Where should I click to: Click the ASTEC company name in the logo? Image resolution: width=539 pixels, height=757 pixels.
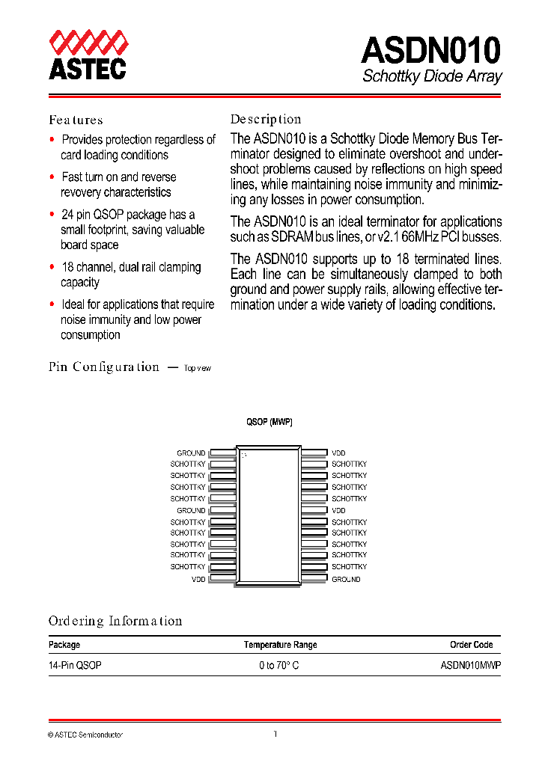tap(87, 69)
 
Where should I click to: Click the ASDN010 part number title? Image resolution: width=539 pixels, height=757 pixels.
tap(430, 51)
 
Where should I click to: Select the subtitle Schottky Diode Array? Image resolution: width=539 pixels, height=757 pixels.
tap(432, 76)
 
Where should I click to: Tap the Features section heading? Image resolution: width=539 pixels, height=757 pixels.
tap(76, 120)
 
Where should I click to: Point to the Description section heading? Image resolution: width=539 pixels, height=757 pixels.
tap(265, 119)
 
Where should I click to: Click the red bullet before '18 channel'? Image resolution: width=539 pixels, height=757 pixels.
tap(52, 266)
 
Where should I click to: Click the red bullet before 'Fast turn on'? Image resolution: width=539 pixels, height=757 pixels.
tap(52, 177)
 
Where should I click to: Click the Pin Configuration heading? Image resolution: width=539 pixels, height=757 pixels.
tap(104, 367)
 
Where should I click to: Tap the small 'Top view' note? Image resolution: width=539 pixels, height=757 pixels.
tap(198, 368)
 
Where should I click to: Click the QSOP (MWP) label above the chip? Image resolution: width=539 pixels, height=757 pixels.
tap(269, 422)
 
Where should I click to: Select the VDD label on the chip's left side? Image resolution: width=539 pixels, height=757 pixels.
tap(198, 579)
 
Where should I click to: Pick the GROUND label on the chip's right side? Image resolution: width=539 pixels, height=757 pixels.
tap(346, 579)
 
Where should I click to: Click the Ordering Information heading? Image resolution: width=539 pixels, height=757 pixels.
tap(115, 621)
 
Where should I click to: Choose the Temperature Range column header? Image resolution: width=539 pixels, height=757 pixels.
tap(280, 645)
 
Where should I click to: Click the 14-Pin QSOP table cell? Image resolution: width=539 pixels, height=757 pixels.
tap(75, 665)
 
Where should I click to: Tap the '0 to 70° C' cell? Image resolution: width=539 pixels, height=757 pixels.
tap(279, 665)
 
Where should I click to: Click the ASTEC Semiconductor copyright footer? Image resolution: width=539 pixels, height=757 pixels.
tap(85, 735)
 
